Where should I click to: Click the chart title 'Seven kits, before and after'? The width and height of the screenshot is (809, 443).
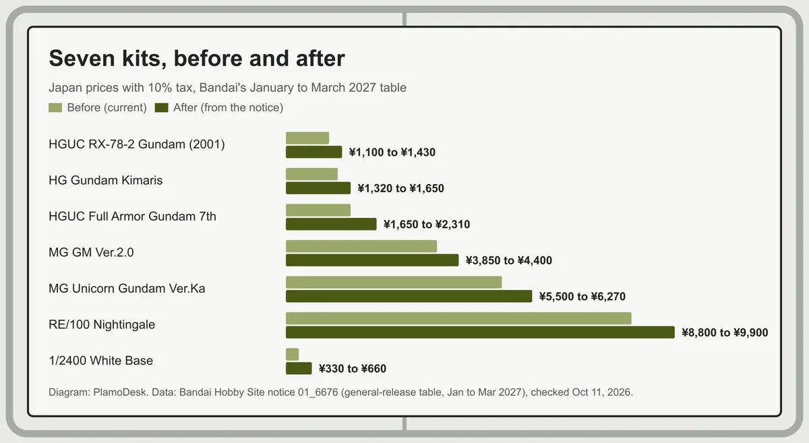197,59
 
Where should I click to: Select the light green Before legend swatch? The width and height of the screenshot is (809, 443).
55,108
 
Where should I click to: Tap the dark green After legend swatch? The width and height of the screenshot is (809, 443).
161,108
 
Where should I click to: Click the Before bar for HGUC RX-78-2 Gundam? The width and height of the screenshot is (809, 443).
307,138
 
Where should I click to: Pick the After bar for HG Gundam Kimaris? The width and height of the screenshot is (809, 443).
318,188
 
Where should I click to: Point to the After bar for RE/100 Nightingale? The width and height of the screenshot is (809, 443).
480,332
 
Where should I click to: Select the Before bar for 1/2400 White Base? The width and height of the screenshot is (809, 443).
292,355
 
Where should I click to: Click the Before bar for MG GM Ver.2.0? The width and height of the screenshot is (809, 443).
361,246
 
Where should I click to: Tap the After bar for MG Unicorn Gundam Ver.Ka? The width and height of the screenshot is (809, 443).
409,296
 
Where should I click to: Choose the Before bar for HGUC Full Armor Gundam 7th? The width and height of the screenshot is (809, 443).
318,210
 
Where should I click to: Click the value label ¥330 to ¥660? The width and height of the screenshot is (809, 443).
353,369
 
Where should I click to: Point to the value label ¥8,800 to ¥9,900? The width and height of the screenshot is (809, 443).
725,332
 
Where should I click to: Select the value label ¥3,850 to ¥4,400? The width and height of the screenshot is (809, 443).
509,260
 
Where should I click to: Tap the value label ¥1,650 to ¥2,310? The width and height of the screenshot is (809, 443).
427,225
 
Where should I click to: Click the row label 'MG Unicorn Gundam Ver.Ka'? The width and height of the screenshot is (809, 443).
127,289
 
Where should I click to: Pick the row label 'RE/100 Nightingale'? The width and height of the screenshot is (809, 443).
102,324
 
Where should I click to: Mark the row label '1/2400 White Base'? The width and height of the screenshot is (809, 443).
100,361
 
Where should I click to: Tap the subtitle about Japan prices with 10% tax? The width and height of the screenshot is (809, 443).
228,88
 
